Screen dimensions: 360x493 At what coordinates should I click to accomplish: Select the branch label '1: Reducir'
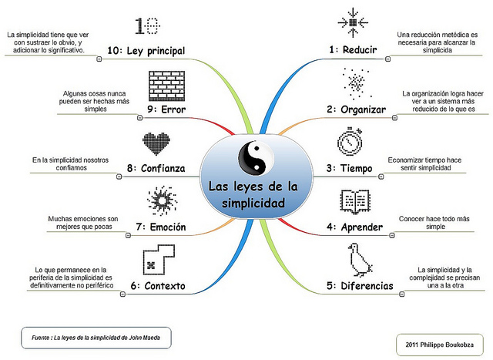[352, 50]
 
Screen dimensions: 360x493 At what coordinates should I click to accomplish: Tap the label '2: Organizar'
[356, 109]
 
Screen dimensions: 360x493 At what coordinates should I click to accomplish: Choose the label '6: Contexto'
[158, 286]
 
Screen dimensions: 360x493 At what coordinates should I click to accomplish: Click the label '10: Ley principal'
[146, 50]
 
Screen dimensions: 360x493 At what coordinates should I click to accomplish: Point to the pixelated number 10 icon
[149, 25]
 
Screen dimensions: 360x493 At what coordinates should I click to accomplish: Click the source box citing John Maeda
[96, 337]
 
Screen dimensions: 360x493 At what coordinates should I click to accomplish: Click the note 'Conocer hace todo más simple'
[431, 224]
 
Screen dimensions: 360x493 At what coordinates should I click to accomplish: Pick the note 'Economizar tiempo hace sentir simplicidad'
[431, 164]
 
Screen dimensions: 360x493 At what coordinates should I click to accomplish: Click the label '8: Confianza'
[156, 168]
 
